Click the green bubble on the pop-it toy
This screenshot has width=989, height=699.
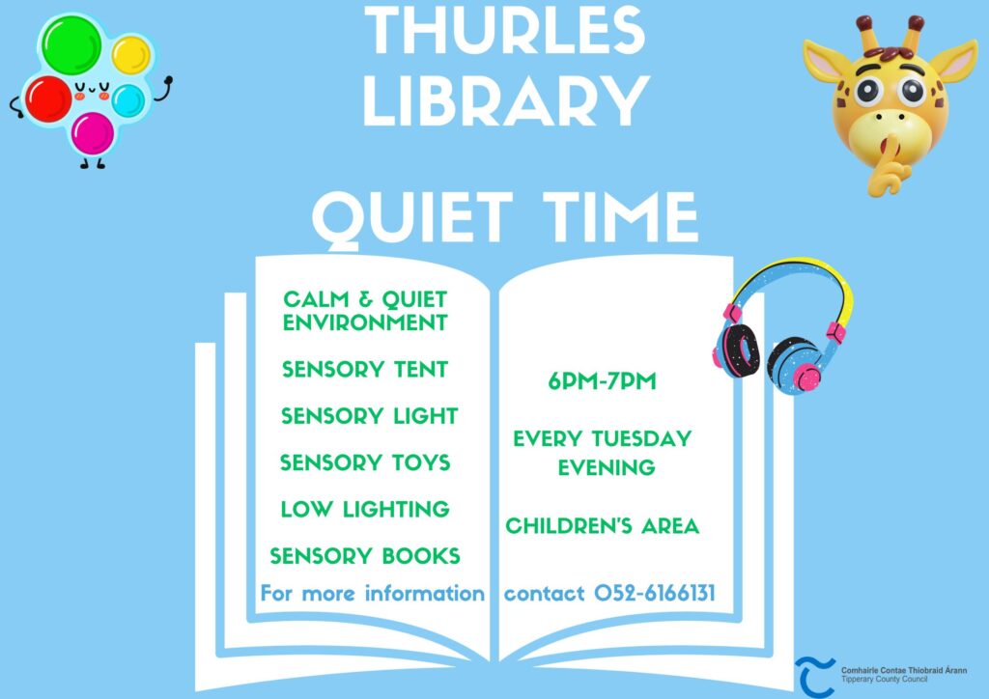pos(71,45)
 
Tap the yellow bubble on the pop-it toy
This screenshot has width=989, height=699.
pos(131,55)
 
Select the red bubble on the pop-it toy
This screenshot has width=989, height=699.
pos(48,98)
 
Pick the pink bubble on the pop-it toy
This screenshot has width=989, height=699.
pos(93,133)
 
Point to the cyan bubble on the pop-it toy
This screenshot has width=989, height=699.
pos(128,100)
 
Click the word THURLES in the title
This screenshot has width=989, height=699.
pos(505,30)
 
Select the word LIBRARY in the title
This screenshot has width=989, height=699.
pos(506,100)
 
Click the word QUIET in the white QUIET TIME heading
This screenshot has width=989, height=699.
pos(412,217)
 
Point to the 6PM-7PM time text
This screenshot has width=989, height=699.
pos(603,380)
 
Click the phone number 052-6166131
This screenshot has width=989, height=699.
pos(655,593)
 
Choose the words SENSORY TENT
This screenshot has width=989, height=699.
pos(365,369)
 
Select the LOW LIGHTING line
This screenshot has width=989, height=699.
pos(365,509)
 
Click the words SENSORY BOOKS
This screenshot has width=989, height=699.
pos(365,555)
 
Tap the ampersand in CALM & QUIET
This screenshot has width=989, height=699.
pos(365,299)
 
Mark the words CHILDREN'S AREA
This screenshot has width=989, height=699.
pos(603,525)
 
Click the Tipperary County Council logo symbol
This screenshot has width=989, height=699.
pos(814,676)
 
